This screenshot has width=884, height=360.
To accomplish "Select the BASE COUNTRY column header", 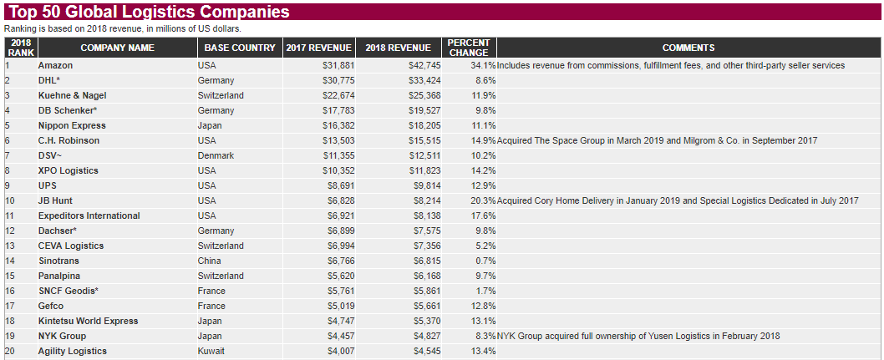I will pyautogui.click(x=239, y=48).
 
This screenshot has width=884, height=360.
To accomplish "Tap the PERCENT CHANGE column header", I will pyautogui.click(x=468, y=48).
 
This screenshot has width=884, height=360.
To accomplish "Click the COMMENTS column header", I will pyautogui.click(x=688, y=48).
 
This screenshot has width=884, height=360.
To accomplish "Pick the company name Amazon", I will pyautogui.click(x=55, y=65).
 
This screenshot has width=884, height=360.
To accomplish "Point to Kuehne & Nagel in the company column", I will pyautogui.click(x=72, y=95).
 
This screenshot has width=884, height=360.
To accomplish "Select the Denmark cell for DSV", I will pyautogui.click(x=216, y=155).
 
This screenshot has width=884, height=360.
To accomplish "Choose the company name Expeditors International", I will pyautogui.click(x=89, y=215).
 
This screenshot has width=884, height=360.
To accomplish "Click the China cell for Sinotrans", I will pyautogui.click(x=211, y=261).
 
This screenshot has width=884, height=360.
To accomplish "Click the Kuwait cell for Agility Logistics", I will pyautogui.click(x=211, y=351).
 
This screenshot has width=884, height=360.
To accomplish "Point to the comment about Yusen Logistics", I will pyautogui.click(x=638, y=336).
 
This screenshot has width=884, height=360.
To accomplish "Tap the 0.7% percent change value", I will pyautogui.click(x=485, y=261).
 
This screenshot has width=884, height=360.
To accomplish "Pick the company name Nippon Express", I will pyautogui.click(x=72, y=125).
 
